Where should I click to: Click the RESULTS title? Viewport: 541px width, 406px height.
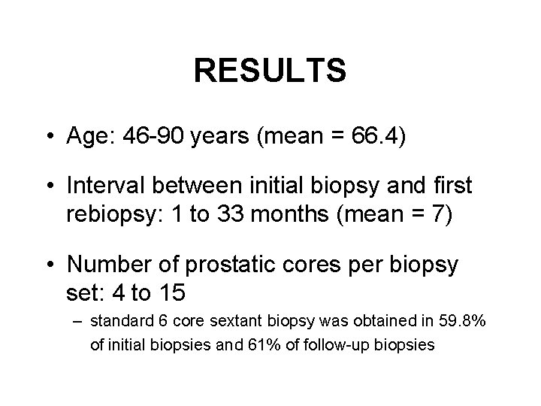point(270,71)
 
